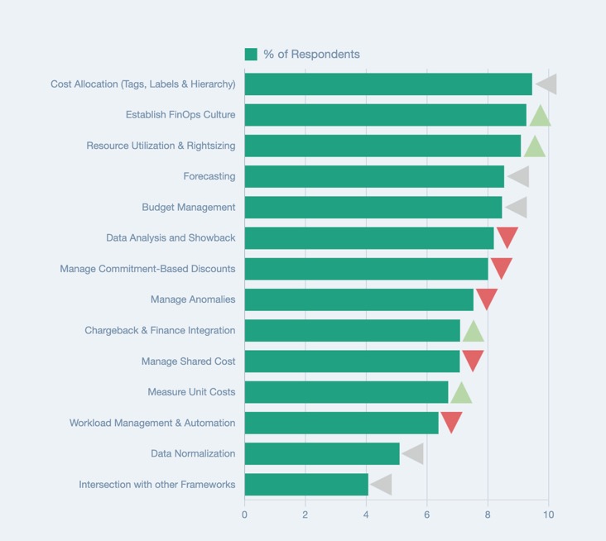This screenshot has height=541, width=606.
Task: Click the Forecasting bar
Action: point(374,176)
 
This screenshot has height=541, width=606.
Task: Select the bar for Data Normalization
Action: point(322,453)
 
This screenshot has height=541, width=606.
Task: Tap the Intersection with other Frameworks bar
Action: point(306,484)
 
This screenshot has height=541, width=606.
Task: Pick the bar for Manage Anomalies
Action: point(358,299)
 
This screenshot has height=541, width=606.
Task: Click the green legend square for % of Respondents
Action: point(251,55)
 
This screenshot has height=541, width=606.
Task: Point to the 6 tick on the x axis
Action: point(427,515)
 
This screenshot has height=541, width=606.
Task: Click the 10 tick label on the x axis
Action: point(548,515)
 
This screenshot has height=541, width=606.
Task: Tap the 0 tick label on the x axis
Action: point(244,515)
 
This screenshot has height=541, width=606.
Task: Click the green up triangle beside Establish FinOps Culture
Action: point(540,117)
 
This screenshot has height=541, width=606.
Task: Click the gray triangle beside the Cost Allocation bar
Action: point(547,84)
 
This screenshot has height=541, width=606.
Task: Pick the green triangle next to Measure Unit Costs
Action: point(461,394)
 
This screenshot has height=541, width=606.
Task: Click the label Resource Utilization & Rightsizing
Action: point(161,146)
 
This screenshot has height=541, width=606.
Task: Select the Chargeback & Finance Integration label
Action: point(160,330)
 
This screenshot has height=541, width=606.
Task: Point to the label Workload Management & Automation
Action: point(152,423)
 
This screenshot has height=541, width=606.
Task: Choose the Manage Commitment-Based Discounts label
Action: point(147,269)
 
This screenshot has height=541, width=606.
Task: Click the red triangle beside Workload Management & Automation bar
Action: point(451,421)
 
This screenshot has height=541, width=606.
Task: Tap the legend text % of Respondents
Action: point(311,55)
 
